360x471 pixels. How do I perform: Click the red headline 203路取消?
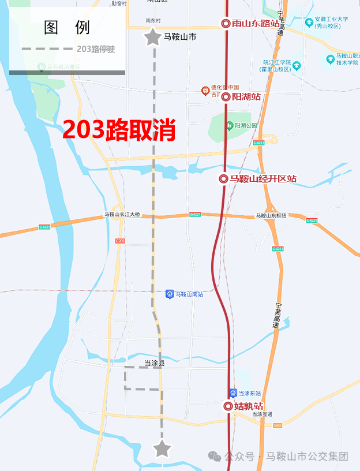(x=119, y=130)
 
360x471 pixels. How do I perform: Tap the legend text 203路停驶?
(x=96, y=49)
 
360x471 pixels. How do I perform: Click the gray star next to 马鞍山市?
(x=152, y=38)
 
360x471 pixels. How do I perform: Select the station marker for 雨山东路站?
(x=226, y=24)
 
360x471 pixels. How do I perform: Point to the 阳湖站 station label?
(x=246, y=97)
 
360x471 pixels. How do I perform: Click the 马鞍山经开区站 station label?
(x=263, y=179)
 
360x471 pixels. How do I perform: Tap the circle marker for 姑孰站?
(x=228, y=406)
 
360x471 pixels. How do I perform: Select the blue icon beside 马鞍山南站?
(x=170, y=294)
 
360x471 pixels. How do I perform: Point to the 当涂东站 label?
(x=250, y=393)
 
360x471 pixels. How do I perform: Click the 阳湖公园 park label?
(x=246, y=125)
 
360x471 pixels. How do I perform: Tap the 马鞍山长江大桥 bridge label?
(x=122, y=215)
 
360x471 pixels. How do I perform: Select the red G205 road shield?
(x=120, y=241)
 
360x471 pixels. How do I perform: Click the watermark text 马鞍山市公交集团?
(x=307, y=457)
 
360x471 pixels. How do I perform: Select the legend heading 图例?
(x=67, y=28)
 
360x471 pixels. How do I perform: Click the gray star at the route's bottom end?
(x=162, y=448)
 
